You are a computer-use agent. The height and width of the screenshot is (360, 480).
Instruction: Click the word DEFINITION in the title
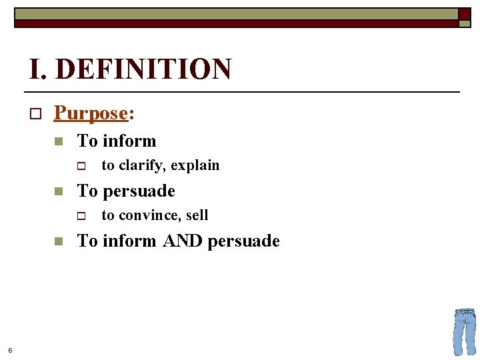[143, 69]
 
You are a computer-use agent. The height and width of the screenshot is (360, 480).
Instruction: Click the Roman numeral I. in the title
[37, 69]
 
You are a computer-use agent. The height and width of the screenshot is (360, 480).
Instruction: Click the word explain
[197, 165]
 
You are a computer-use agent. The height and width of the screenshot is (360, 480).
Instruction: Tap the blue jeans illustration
[465, 331]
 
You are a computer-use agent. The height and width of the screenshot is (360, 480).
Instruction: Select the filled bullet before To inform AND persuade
[59, 241]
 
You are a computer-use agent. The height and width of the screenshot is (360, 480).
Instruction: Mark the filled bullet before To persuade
[59, 191]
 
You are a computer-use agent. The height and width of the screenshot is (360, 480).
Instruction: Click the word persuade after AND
[243, 241]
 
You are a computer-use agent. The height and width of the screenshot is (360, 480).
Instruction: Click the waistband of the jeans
[465, 311]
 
